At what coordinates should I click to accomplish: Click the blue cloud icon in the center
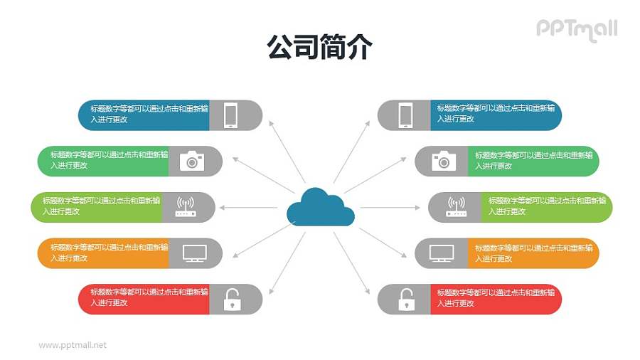320,206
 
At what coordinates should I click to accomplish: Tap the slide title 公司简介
319,48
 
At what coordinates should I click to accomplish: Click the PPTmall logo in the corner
576,29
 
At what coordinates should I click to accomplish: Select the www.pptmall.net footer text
73,345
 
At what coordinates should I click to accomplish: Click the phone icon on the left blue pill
230,115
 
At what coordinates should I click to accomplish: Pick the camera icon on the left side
191,161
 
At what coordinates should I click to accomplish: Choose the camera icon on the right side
444,161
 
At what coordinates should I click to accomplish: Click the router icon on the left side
185,207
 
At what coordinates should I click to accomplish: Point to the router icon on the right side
456,207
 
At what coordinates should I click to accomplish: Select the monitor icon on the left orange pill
194,253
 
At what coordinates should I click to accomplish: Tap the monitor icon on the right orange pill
442,253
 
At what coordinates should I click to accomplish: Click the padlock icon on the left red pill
232,300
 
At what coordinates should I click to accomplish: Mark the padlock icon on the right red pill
405,300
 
